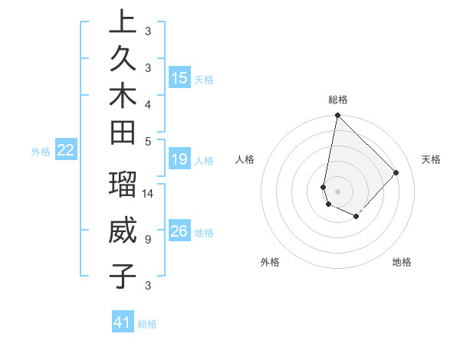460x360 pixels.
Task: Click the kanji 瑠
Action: (123, 185)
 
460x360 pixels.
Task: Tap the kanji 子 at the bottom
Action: (123, 276)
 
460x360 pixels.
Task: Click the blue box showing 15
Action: (179, 77)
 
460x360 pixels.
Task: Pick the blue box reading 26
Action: (179, 231)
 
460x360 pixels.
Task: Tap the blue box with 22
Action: (66, 150)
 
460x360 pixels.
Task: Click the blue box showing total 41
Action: (123, 322)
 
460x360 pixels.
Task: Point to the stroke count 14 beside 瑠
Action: (148, 194)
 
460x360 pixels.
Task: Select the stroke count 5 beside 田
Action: (148, 141)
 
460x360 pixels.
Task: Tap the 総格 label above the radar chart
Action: (338, 100)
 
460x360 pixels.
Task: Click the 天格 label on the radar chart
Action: (431, 159)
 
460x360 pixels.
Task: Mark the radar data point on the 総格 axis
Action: (337, 116)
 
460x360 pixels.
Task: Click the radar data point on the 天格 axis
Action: (396, 172)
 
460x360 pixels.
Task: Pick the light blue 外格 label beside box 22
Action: (41, 152)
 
